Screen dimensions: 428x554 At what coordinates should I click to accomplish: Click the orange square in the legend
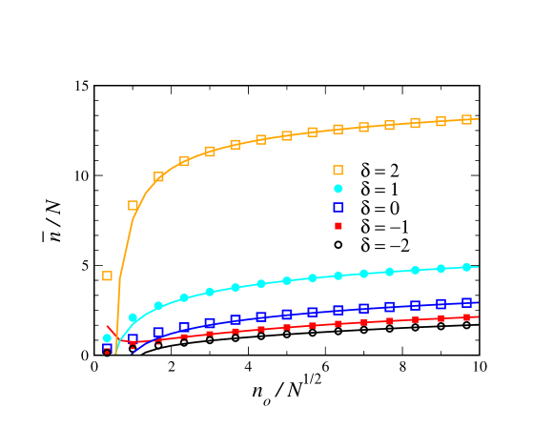coord(338,170)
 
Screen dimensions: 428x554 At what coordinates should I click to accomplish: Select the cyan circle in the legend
coord(338,189)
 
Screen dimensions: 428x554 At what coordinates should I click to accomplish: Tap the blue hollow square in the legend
coord(338,207)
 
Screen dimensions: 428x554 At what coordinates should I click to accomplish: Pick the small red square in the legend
coord(338,226)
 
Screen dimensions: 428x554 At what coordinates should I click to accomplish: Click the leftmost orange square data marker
coord(107,275)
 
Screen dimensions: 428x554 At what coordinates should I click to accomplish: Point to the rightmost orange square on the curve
coord(466,119)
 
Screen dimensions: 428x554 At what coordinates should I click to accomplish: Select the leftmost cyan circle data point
coord(107,338)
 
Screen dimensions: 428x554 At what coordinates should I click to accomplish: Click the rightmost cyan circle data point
coord(466,267)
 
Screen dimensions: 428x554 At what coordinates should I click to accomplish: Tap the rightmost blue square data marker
coord(466,302)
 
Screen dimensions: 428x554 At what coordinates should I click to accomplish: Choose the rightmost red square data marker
coord(466,317)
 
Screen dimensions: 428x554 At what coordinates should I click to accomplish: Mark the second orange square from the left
coord(133,205)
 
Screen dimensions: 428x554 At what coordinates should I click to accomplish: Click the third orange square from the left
coord(158,176)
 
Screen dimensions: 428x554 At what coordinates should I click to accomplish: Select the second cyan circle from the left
coord(133,317)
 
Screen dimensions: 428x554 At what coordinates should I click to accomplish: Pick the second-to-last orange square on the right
coord(441,121)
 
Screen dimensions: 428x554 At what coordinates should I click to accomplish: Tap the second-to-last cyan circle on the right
coord(441,269)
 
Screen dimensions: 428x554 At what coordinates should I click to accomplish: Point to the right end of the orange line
coord(478,118)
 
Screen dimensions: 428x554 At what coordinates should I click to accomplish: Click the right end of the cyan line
coord(478,267)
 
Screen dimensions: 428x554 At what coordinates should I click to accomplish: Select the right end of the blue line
coord(478,302)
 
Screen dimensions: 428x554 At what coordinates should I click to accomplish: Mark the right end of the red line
coord(478,316)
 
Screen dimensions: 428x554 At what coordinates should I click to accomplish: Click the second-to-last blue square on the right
coord(441,304)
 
